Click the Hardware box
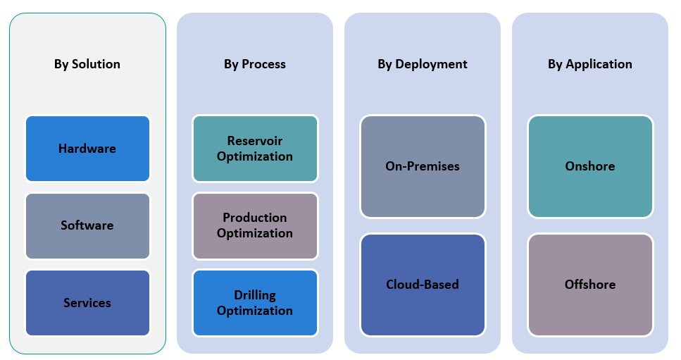click(87, 149)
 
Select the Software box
click(87, 225)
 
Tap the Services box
click(87, 302)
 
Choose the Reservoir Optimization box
click(255, 149)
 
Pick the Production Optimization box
click(255, 225)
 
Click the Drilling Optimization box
click(255, 302)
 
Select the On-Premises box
click(423, 166)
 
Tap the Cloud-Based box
click(423, 285)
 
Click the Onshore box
click(590, 166)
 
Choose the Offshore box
click(590, 285)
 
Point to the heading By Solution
click(87, 64)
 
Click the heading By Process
click(255, 64)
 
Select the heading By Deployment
click(423, 64)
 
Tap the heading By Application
click(590, 64)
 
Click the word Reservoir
click(255, 141)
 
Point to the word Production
click(255, 218)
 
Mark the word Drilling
click(255, 294)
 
